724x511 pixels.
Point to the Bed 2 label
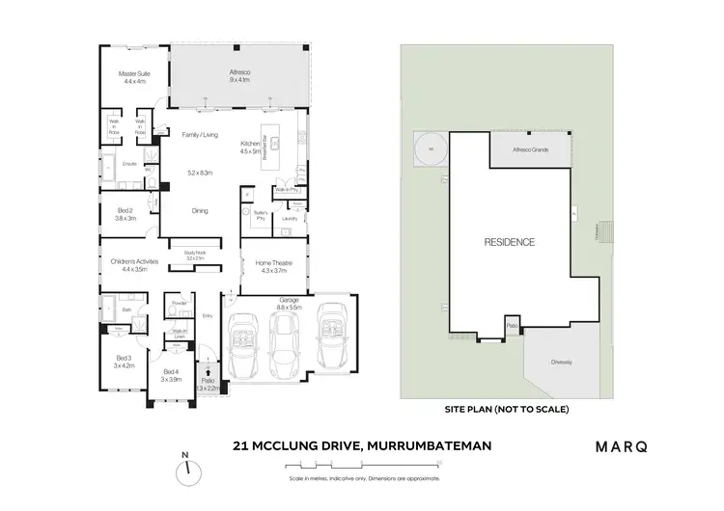[126, 214]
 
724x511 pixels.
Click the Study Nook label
[196, 255]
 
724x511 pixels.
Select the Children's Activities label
[134, 266]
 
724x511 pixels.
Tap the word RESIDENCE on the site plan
[509, 242]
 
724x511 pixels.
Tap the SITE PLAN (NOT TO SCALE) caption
[506, 410]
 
